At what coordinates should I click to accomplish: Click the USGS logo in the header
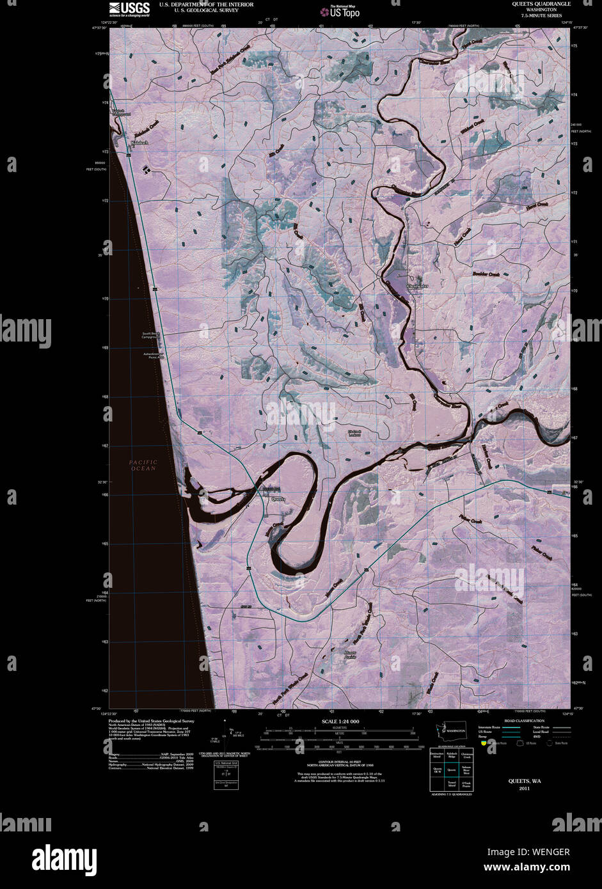[x=129, y=8]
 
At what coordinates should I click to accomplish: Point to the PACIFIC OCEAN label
[x=142, y=465]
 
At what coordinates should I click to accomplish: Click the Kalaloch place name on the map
[x=139, y=142]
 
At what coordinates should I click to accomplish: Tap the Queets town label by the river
[x=278, y=499]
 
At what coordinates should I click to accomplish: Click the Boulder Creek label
[x=486, y=274]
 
